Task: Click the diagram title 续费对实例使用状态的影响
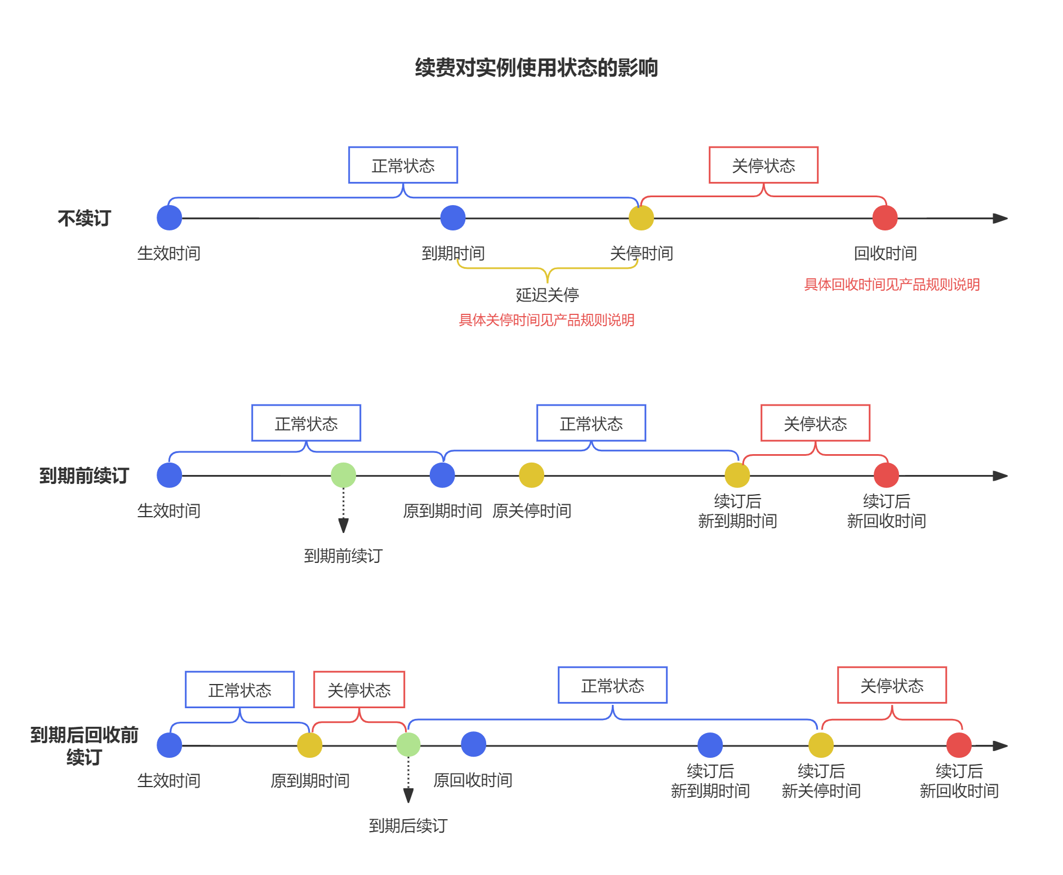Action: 536,68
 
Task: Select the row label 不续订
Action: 84,219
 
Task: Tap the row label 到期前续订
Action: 84,476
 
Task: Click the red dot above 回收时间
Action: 884,218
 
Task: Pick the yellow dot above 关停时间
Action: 641,218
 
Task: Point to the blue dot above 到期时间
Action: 452,218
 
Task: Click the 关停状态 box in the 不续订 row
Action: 763,166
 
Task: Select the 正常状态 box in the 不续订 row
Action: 403,166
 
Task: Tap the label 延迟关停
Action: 547,295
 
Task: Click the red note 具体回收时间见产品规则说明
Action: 892,285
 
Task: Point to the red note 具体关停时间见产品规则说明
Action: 546,321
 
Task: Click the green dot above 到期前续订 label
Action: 343,475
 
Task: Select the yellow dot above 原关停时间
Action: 531,475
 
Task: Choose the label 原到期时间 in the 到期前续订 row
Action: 442,511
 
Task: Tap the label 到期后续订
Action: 408,826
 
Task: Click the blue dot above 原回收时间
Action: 473,744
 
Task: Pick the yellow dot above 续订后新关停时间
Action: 821,745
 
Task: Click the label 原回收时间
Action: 473,780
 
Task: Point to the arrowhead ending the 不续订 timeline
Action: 1000,218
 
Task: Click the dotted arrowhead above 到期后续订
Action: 408,795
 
